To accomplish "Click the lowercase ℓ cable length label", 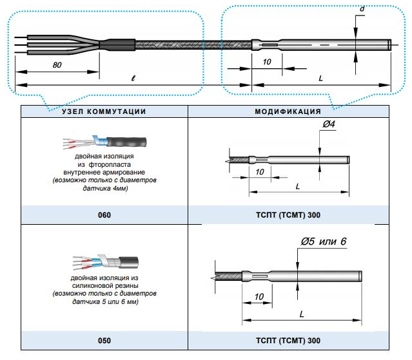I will click(x=132, y=77).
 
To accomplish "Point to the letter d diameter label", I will click(x=362, y=10).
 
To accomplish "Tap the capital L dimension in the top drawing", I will click(x=321, y=77).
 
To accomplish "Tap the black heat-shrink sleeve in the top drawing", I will click(x=117, y=45).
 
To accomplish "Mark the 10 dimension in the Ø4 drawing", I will click(x=260, y=173).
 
